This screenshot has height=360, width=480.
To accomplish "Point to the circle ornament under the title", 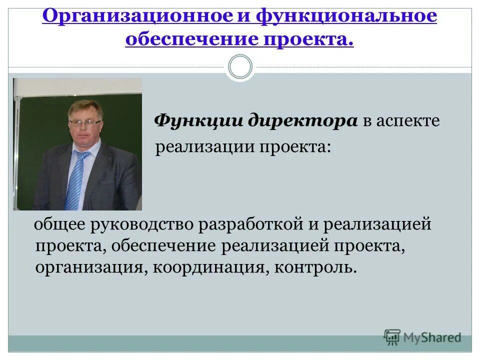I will [240, 67].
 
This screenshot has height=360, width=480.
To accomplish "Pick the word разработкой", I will [249, 224].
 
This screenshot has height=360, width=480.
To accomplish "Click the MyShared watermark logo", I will [422, 337].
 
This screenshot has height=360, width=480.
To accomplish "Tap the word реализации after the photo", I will [203, 147].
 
